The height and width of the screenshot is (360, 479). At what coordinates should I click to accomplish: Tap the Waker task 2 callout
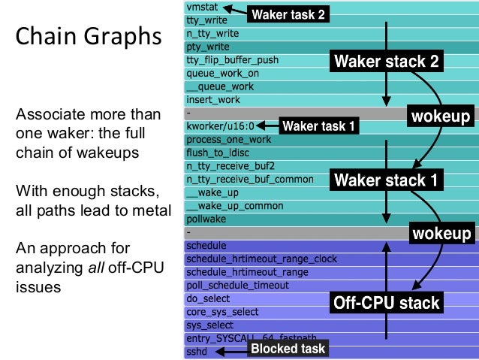pyautogui.click(x=288, y=14)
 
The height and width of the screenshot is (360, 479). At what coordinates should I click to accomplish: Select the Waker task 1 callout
pyautogui.click(x=318, y=126)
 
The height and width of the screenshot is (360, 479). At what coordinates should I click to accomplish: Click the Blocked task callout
pyautogui.click(x=288, y=349)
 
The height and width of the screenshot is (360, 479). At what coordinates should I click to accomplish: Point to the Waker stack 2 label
pyautogui.click(x=385, y=61)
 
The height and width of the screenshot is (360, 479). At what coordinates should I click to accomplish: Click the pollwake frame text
pyautogui.click(x=205, y=219)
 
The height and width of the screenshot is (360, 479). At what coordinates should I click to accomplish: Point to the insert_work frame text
pyautogui.click(x=212, y=99)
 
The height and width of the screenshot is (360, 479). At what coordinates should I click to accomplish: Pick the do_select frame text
pyautogui.click(x=208, y=298)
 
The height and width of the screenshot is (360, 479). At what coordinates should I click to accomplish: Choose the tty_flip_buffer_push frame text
pyautogui.click(x=232, y=60)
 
